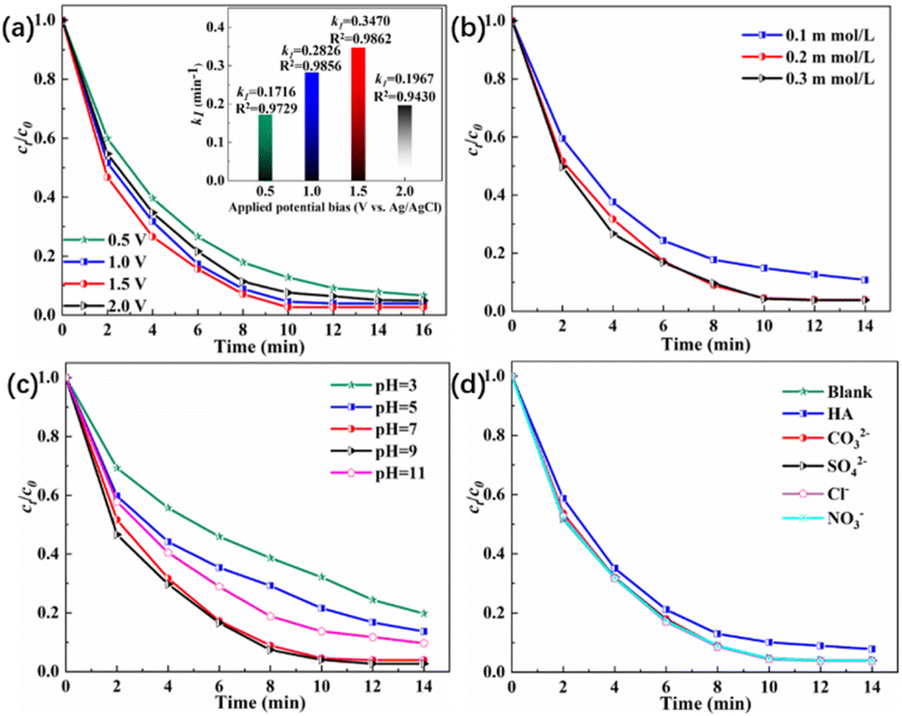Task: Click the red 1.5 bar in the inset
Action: click(332, 113)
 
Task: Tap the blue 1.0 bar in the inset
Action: click(286, 125)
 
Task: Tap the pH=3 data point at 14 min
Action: click(424, 613)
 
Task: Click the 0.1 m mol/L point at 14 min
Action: click(865, 280)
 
